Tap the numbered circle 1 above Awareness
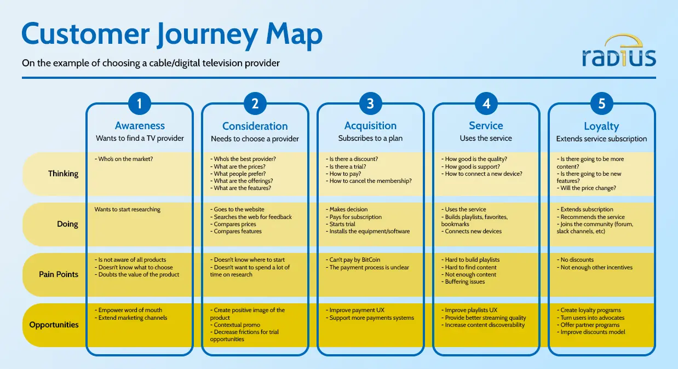click(140, 103)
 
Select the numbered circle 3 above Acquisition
click(370, 103)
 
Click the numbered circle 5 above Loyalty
click(601, 103)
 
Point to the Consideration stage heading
click(255, 126)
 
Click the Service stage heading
click(486, 126)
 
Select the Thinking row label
click(63, 174)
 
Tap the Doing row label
click(67, 224)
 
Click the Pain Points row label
click(59, 274)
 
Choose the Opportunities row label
click(54, 325)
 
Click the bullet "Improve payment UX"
click(358, 310)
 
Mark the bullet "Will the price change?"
click(587, 188)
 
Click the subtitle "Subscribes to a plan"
click(370, 139)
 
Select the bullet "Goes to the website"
click(239, 210)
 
